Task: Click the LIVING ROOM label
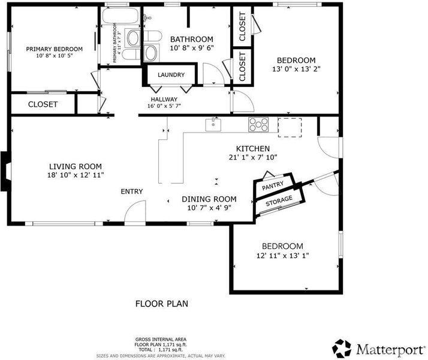click(x=76, y=166)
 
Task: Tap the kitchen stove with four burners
click(x=258, y=125)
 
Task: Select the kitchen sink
click(x=213, y=125)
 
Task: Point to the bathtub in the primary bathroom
click(x=120, y=15)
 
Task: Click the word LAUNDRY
click(x=171, y=74)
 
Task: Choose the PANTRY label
click(x=273, y=186)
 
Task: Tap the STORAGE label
click(x=279, y=201)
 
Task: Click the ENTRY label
click(x=132, y=191)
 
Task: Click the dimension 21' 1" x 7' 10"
click(x=253, y=157)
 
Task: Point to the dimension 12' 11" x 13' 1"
click(x=282, y=256)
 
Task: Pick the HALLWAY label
click(x=164, y=99)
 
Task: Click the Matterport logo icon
click(x=342, y=348)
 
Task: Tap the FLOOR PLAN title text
click(x=162, y=304)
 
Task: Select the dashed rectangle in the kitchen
click(x=290, y=128)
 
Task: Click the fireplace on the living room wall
click(x=6, y=171)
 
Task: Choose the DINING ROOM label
click(x=209, y=199)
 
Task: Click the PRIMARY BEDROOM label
click(x=55, y=49)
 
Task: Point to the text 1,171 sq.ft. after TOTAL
click(x=171, y=350)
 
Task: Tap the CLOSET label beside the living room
click(x=43, y=104)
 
